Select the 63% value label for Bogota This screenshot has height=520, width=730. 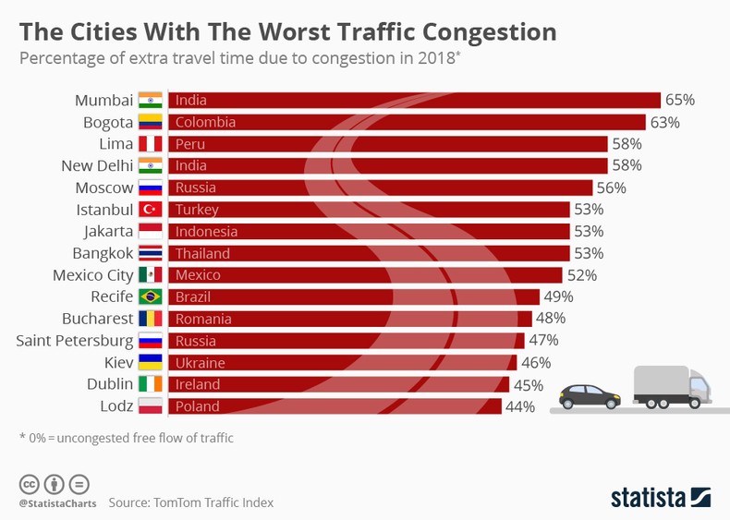(x=663, y=122)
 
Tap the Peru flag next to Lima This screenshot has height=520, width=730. (x=150, y=144)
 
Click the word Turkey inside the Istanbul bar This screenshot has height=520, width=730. (x=196, y=210)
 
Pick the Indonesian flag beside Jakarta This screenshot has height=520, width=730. (x=150, y=231)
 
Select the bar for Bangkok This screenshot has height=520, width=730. (x=369, y=253)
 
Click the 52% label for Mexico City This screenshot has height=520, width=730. (x=580, y=275)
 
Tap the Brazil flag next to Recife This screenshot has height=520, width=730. (x=150, y=296)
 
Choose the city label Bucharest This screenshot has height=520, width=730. (x=97, y=319)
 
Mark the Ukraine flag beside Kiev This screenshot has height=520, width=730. (x=150, y=362)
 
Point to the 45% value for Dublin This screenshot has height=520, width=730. (x=528, y=384)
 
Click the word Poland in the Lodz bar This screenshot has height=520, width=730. (x=198, y=406)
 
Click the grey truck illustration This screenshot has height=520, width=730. (x=672, y=386)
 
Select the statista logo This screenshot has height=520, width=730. (x=660, y=496)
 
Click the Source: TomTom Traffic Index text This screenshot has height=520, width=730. (x=190, y=502)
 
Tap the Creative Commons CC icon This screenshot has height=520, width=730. (x=29, y=484)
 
